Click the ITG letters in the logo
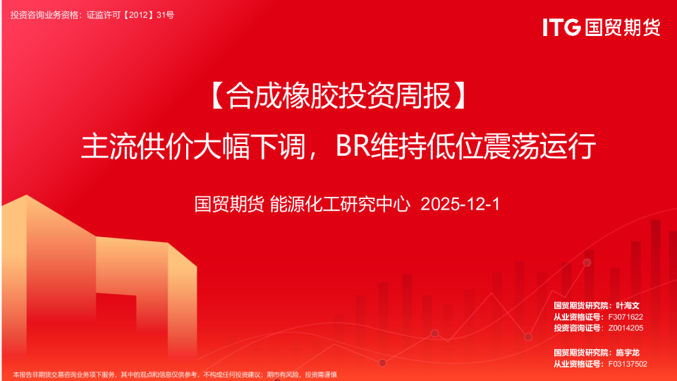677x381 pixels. point(561,28)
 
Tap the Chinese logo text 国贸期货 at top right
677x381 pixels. point(621,28)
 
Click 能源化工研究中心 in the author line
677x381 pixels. point(341,205)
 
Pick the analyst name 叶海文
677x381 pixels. point(627,306)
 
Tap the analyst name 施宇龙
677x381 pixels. point(627,352)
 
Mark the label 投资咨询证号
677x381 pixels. point(578,328)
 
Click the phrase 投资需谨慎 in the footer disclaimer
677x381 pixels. point(322,375)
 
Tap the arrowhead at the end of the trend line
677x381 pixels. point(587,262)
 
